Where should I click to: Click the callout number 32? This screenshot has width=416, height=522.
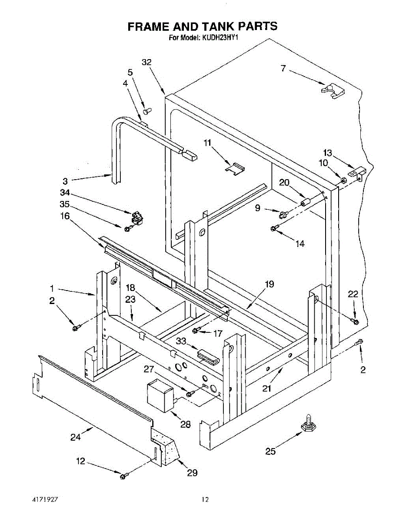point(146,63)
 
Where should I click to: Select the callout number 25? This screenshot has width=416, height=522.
point(270,452)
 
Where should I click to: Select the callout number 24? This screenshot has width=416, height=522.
point(76,437)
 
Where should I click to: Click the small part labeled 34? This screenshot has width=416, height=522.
point(136,217)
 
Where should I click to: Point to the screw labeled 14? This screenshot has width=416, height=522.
point(274,228)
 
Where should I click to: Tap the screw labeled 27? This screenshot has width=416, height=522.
point(190,393)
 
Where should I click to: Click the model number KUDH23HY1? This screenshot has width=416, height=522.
point(220,38)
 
